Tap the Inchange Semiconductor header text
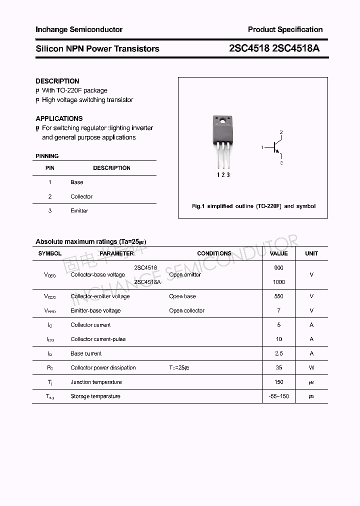[x=79, y=29]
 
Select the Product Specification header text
[x=285, y=29]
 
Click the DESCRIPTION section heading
[x=57, y=81]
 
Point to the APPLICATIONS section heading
[x=59, y=118]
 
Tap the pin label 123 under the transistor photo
[x=223, y=175]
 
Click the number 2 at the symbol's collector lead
[x=281, y=132]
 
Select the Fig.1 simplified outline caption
[x=253, y=206]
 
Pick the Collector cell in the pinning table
[x=81, y=196]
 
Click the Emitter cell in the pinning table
[x=79, y=211]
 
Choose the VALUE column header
[x=278, y=253]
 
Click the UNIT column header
[x=311, y=253]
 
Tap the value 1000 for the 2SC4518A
[x=279, y=282]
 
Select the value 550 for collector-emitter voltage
[x=278, y=296]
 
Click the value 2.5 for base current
[x=278, y=353]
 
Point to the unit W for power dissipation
[x=311, y=368]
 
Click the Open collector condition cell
[x=186, y=311]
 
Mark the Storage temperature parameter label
[x=95, y=396]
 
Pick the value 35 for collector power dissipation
[x=278, y=368]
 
